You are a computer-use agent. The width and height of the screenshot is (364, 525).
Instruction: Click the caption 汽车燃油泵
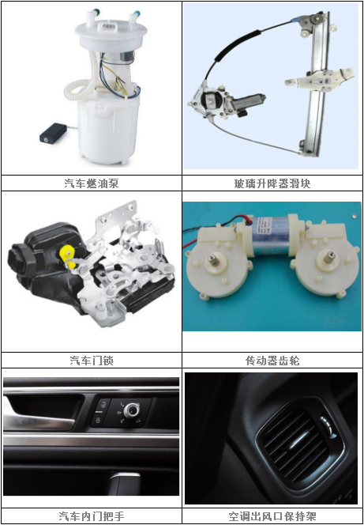pyautogui.click(x=91, y=183)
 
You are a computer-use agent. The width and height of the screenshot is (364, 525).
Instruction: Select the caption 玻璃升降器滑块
pyautogui.click(x=272, y=183)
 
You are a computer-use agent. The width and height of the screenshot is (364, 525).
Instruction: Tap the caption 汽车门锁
pyautogui.click(x=91, y=361)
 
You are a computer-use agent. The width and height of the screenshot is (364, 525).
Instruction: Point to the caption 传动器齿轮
pyautogui.click(x=272, y=361)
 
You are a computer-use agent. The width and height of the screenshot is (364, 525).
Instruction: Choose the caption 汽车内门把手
pyautogui.click(x=91, y=516)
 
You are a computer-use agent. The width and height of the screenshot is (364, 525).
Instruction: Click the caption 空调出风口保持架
pyautogui.click(x=272, y=516)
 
